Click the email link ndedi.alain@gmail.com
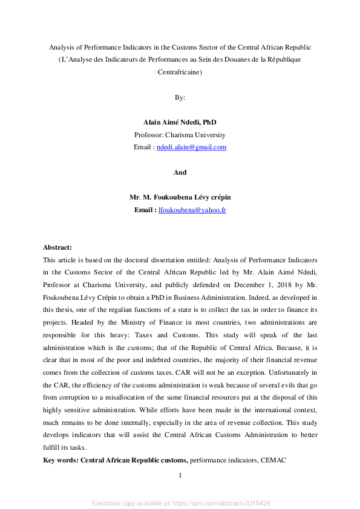point(191,148)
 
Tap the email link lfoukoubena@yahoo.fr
point(192,210)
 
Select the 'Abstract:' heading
point(57,247)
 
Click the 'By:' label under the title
point(180,97)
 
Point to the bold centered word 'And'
point(180,172)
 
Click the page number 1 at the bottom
point(180,476)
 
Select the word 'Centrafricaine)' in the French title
point(180,72)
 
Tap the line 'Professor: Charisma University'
point(180,135)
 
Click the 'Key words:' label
point(61,461)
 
